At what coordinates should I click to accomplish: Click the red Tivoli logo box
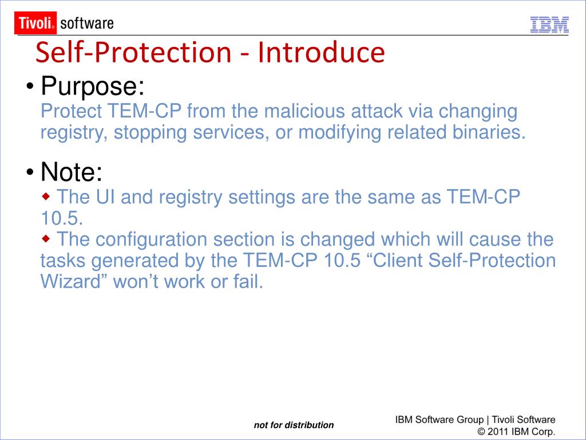pos(35,23)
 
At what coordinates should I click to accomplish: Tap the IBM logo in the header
pos(549,25)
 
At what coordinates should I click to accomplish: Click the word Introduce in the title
pos(321,52)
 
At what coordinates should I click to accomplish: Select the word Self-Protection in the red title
pos(133,52)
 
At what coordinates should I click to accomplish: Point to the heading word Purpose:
pos(92,86)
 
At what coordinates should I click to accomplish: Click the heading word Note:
pos(72,172)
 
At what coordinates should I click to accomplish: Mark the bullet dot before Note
pos(30,172)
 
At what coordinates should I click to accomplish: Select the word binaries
pos(489,132)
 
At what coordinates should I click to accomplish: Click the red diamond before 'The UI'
pos(46,197)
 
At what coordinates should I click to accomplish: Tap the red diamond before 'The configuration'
pos(46,239)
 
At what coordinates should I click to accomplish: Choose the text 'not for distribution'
pos(294,425)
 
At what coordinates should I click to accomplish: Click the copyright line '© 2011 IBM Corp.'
pos(516,431)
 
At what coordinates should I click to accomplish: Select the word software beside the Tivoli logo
pos(87,23)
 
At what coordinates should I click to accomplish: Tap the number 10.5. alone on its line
pos(62,218)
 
